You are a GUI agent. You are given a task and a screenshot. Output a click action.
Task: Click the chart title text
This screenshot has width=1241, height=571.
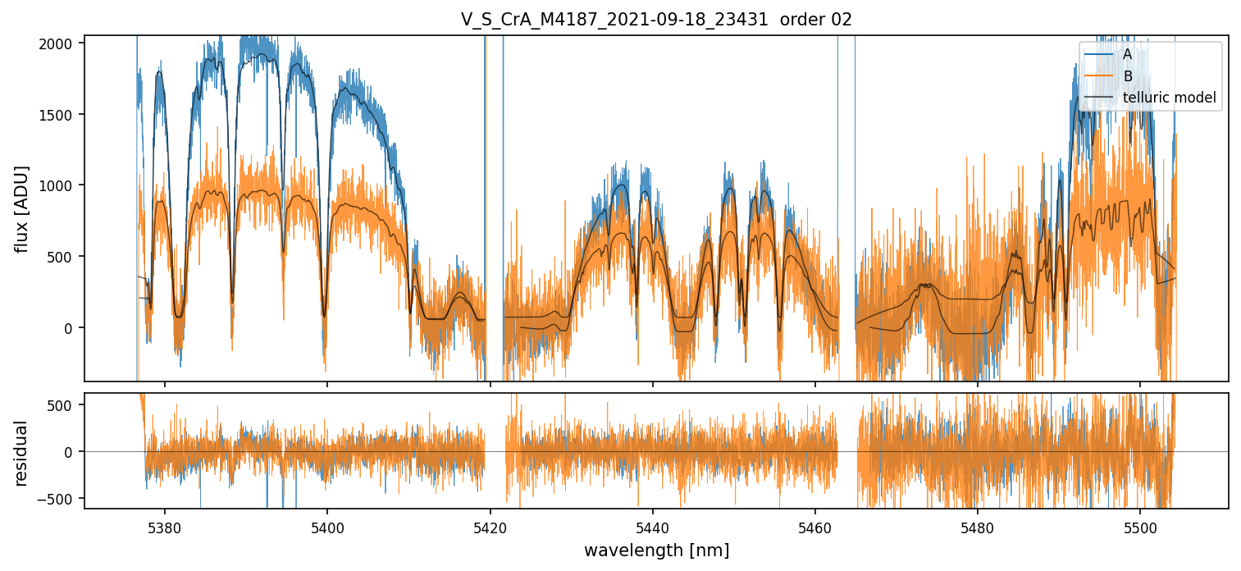point(656,20)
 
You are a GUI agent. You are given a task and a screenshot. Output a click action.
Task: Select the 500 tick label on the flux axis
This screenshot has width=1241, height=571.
point(64,257)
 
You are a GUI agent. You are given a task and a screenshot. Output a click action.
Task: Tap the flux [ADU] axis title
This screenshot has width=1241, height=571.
point(22,208)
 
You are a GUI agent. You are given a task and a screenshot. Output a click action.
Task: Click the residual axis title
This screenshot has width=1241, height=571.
point(22,453)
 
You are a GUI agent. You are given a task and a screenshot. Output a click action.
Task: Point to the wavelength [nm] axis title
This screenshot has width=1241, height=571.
point(656,550)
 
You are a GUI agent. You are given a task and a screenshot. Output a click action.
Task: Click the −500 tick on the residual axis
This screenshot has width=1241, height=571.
point(61,499)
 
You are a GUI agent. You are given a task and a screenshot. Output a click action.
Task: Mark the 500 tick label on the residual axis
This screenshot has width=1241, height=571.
point(64,404)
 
